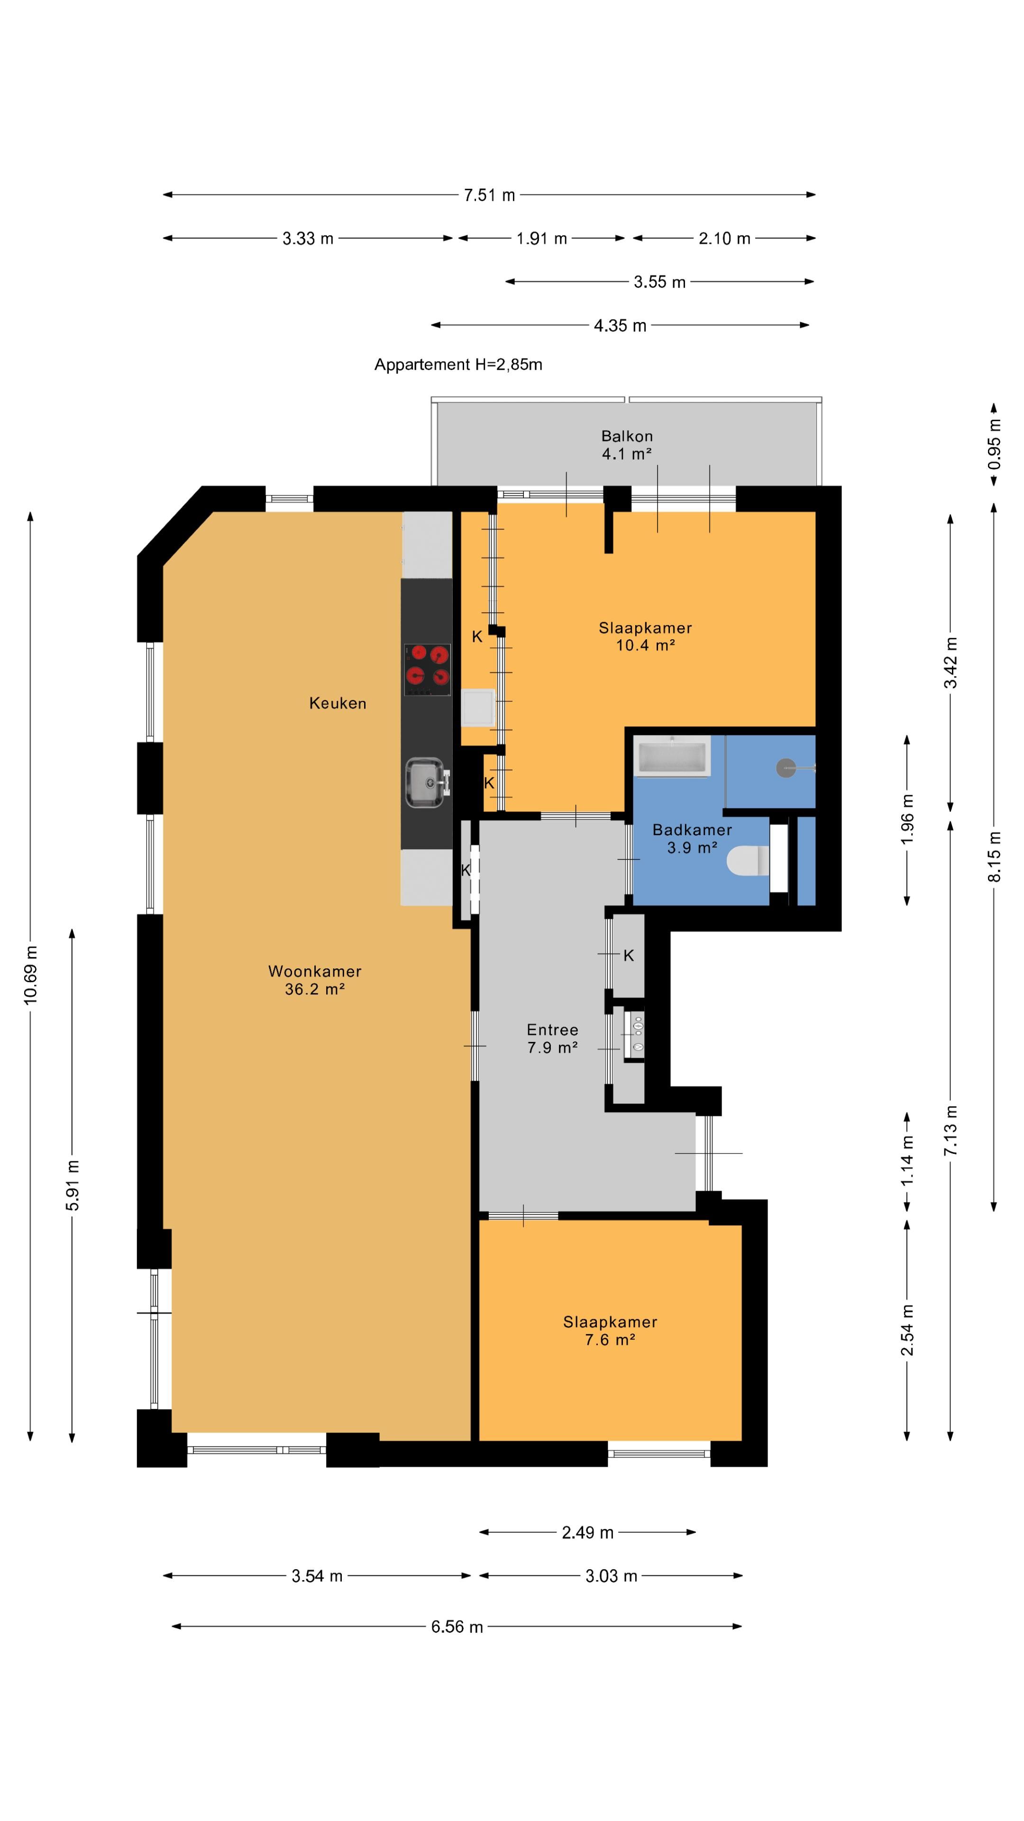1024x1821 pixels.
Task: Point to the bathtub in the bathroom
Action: (x=671, y=756)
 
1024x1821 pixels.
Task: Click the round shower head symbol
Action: (x=786, y=768)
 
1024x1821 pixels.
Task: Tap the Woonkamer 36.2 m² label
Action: (x=314, y=980)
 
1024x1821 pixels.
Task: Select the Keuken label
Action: (x=338, y=703)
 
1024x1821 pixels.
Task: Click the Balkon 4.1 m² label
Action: (x=627, y=445)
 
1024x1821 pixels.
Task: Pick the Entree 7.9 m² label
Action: (x=553, y=1039)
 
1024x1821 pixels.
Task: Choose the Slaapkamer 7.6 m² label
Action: (x=610, y=1330)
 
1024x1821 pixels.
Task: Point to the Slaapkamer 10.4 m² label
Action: (x=645, y=636)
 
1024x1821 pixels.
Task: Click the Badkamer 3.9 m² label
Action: (x=692, y=838)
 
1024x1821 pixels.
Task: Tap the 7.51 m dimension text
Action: (x=489, y=195)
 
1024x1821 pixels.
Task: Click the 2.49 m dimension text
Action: (x=587, y=1533)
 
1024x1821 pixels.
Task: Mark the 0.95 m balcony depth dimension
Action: (x=994, y=444)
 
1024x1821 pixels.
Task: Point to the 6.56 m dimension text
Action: (x=457, y=1627)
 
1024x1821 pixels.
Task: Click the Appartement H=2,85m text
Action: (x=458, y=365)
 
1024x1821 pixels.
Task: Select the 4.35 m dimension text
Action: (x=620, y=326)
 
